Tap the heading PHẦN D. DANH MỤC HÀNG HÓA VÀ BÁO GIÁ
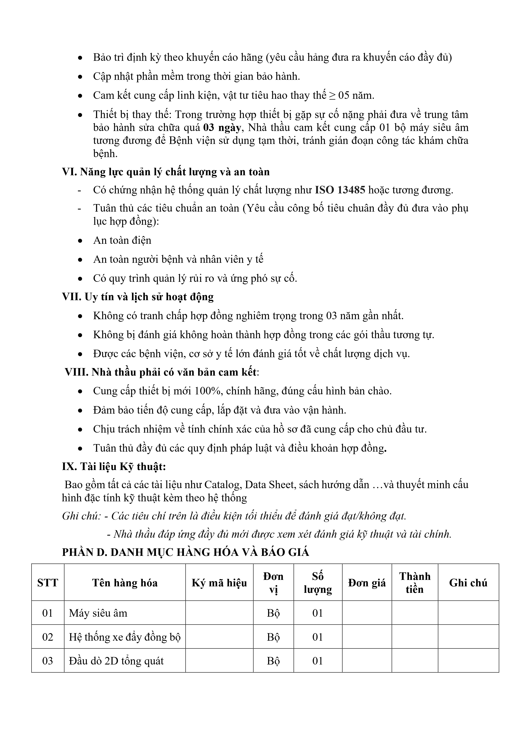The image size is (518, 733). click(185, 552)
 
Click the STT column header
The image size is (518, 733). click(48, 583)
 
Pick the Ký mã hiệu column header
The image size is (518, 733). click(219, 583)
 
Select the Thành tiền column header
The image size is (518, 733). click(415, 583)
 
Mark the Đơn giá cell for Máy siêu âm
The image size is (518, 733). click(367, 613)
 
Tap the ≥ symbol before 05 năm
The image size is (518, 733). click(332, 95)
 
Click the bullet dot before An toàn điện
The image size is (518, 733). click(80, 241)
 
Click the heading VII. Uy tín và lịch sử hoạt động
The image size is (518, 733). click(138, 297)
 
